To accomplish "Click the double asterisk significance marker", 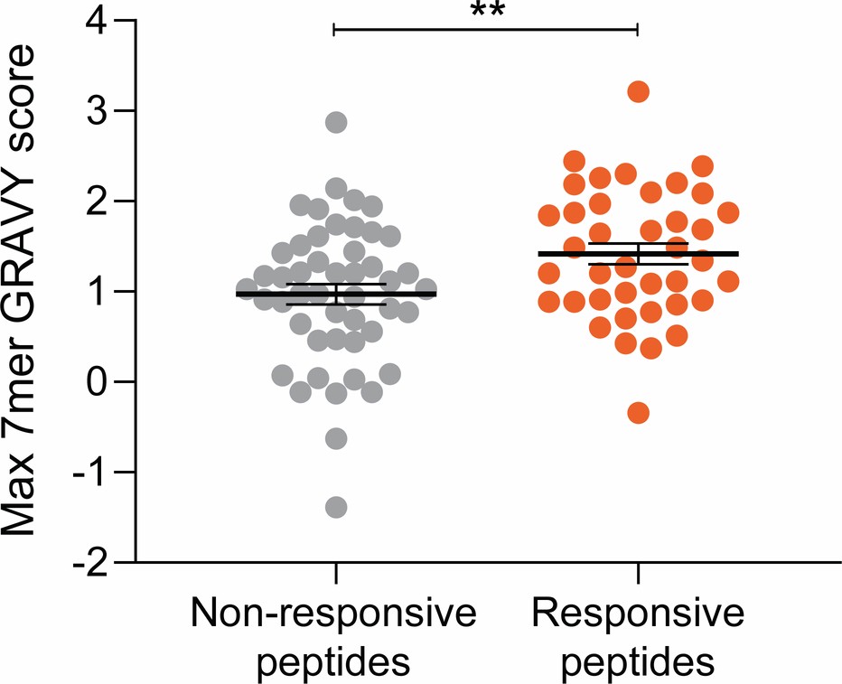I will (x=485, y=13).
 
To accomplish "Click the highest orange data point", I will (x=639, y=91).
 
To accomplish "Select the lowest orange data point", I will (x=638, y=413).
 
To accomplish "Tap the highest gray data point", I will (x=336, y=123).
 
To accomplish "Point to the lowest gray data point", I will (x=336, y=506).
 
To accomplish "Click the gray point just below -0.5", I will (x=336, y=438).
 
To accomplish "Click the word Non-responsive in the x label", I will (x=333, y=616).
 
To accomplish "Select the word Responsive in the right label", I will (x=638, y=616).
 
